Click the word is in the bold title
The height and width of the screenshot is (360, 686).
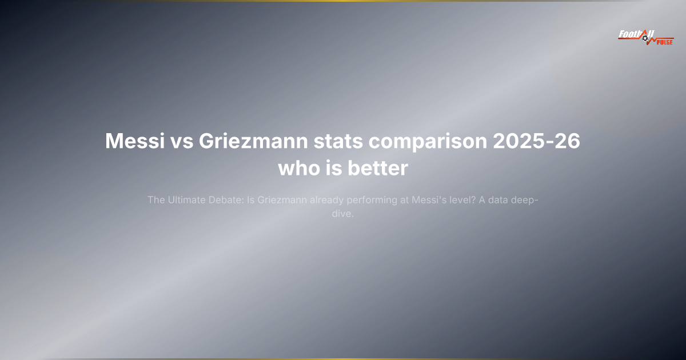333,169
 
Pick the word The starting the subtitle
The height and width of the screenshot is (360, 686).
156,200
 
